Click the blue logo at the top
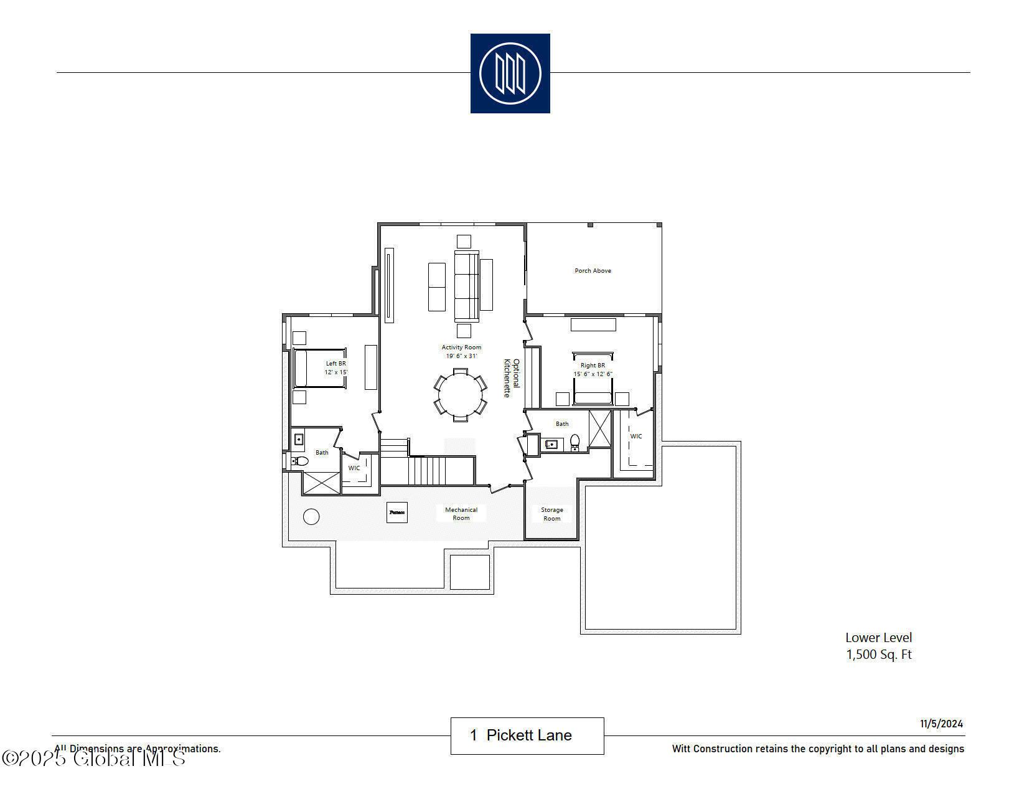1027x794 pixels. pyautogui.click(x=510, y=73)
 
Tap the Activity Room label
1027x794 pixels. pyautogui.click(x=461, y=347)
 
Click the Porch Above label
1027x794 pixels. pyautogui.click(x=593, y=271)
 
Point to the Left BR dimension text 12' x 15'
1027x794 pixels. pyautogui.click(x=335, y=372)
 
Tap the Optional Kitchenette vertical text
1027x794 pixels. pyautogui.click(x=511, y=377)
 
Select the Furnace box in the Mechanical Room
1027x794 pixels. pyautogui.click(x=396, y=513)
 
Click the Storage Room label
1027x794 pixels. pyautogui.click(x=551, y=514)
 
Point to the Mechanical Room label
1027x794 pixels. pyautogui.click(x=461, y=514)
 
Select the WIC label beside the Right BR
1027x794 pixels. pyautogui.click(x=635, y=437)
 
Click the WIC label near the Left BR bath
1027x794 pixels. pyautogui.click(x=354, y=468)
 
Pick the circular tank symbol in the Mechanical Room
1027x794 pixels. pyautogui.click(x=311, y=516)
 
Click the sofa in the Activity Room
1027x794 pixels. pyautogui.click(x=466, y=286)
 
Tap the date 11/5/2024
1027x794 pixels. pyautogui.click(x=942, y=724)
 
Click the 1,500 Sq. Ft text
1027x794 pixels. pyautogui.click(x=878, y=655)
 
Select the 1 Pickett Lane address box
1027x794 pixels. pyautogui.click(x=527, y=735)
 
